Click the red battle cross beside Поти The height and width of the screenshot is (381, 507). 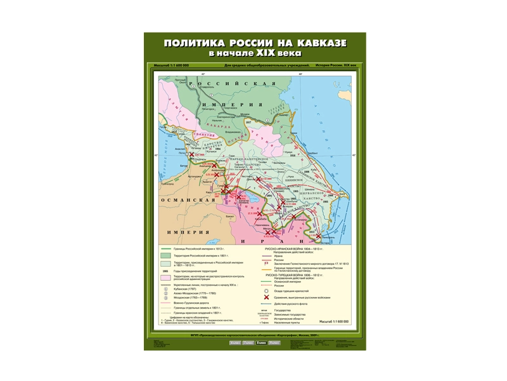[x=191, y=154]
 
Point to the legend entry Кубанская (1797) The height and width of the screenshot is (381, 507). [x=184, y=290]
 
